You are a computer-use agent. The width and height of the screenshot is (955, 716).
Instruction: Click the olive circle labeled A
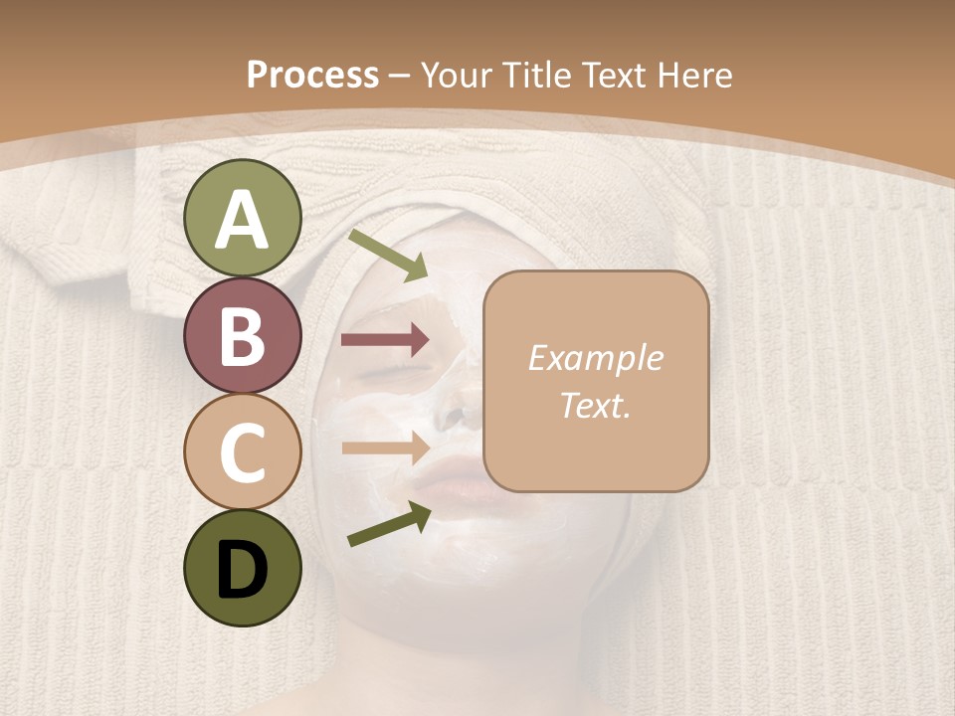[x=242, y=218]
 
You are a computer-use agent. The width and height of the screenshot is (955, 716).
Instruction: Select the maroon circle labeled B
[x=242, y=335]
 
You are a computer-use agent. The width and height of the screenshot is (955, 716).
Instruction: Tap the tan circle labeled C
[x=242, y=451]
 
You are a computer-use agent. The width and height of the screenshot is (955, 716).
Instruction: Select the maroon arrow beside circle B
[x=385, y=340]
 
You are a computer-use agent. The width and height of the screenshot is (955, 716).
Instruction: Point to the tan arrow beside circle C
[x=385, y=447]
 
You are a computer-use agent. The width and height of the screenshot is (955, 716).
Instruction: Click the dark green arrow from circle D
[x=389, y=524]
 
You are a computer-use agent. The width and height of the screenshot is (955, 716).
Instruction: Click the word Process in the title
[x=312, y=75]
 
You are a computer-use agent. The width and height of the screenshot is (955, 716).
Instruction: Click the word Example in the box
[x=595, y=359]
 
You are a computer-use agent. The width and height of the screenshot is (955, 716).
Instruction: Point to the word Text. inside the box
[x=595, y=406]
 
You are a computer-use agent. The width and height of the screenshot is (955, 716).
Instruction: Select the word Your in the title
[x=457, y=75]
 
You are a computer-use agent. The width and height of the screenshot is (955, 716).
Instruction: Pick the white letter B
[x=242, y=336]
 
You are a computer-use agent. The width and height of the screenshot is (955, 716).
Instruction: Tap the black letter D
[x=242, y=569]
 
